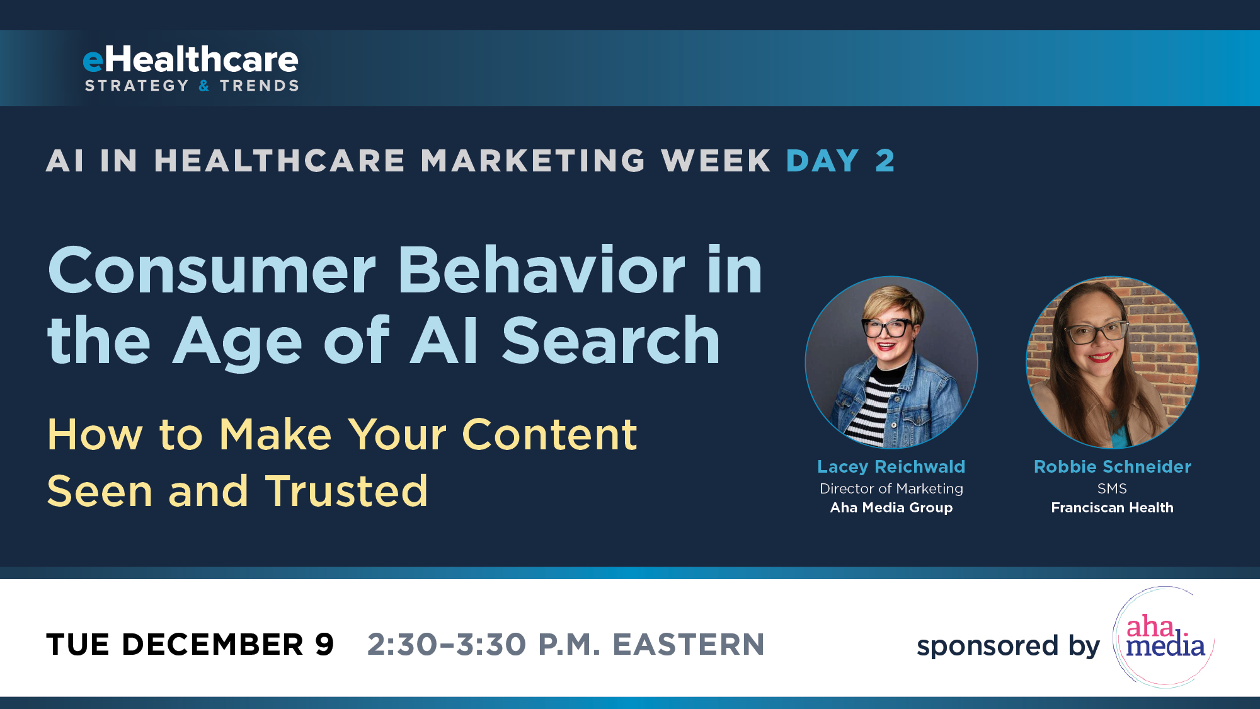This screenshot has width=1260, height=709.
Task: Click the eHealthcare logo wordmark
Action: pos(190,60)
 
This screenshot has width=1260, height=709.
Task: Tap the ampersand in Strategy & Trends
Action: pos(204,86)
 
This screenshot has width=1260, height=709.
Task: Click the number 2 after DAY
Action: pos(885,161)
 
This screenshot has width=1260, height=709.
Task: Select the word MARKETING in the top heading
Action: pos(533,161)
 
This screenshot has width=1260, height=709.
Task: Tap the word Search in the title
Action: pos(610,341)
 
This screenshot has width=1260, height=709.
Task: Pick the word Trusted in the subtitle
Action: pos(346,492)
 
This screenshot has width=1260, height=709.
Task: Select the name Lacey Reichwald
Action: pos(891,467)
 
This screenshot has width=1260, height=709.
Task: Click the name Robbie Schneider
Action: pos(1112,467)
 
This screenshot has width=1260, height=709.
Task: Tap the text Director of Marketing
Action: pos(891,489)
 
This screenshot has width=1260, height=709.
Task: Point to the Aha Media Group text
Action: pos(891,508)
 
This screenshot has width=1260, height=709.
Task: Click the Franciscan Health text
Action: pos(1112,508)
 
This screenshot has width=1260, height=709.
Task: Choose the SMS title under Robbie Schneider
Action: pos(1112,489)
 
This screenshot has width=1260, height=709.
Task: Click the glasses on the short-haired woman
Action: pos(888,328)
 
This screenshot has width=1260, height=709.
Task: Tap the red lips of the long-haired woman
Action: pos(1100,358)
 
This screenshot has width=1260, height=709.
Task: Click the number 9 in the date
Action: pos(324,645)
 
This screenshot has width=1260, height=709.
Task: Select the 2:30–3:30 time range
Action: pos(447,645)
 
